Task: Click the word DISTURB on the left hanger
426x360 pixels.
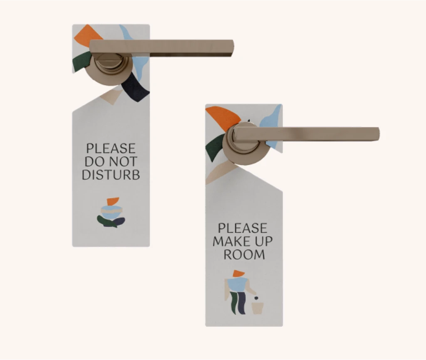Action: point(111,175)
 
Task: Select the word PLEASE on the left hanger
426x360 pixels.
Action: point(111,148)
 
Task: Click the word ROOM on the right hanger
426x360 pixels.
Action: point(244,254)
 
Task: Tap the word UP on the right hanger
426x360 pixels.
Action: point(263,242)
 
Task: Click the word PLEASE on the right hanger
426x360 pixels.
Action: point(243,228)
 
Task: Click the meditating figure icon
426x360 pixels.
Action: point(111,212)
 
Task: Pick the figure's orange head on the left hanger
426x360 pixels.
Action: point(113,201)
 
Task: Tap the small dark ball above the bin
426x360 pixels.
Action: point(256,298)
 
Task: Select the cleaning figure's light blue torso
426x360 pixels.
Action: point(237,284)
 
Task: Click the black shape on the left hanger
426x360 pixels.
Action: point(135,87)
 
